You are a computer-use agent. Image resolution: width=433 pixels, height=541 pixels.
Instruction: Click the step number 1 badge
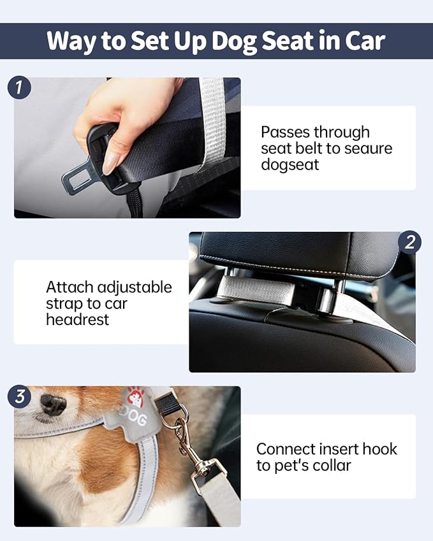[x=18, y=87]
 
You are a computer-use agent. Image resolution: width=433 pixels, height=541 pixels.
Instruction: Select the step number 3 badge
[x=19, y=397]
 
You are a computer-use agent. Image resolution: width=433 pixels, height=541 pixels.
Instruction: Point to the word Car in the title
[x=363, y=41]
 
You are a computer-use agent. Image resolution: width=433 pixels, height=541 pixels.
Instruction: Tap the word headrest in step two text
[x=77, y=319]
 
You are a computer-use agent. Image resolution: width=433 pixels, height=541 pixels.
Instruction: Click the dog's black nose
[x=53, y=404]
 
